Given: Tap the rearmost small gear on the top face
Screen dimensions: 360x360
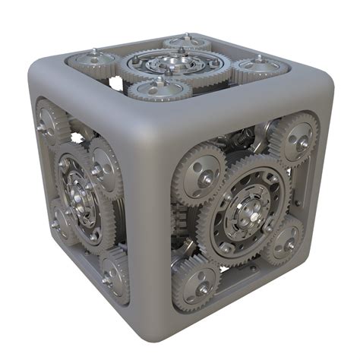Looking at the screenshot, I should [186, 43].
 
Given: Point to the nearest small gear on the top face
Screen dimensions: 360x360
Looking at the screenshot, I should [159, 89].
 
